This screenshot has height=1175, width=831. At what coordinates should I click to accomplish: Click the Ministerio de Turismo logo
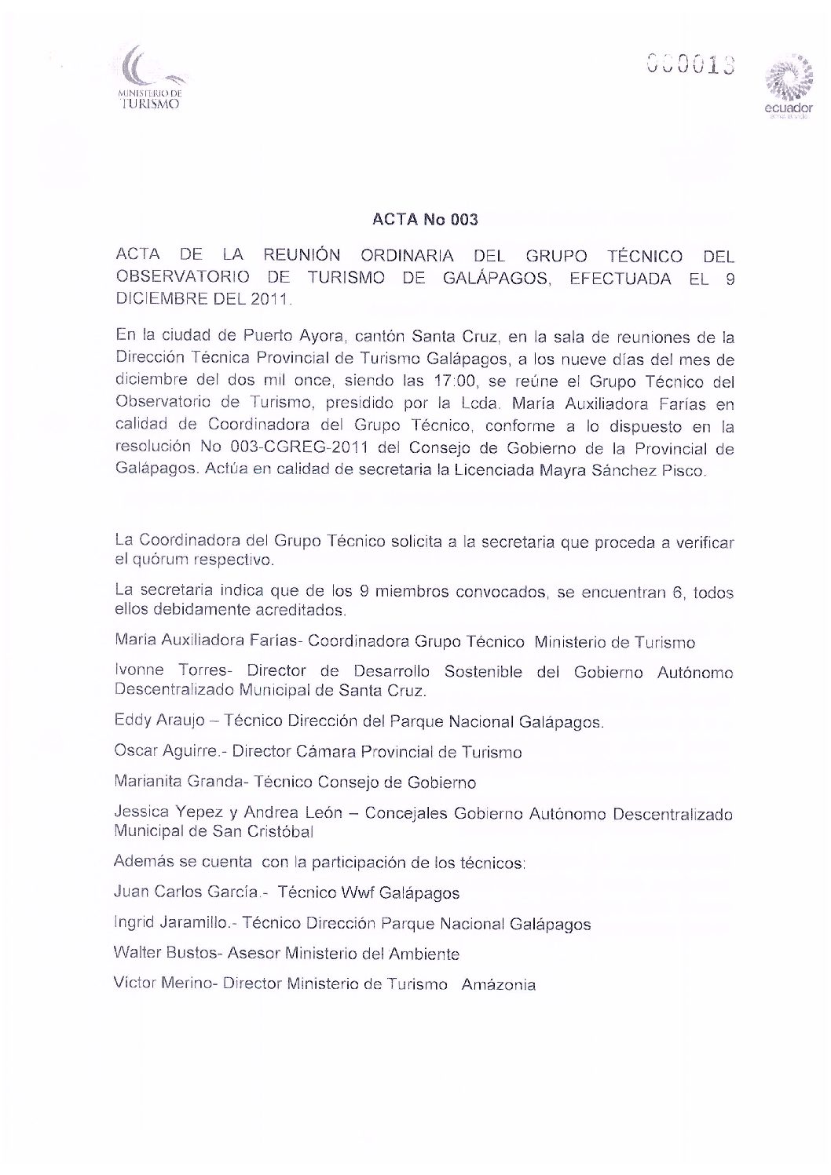pyautogui.click(x=149, y=79)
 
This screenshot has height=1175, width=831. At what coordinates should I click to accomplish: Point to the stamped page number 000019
pyautogui.click(x=690, y=64)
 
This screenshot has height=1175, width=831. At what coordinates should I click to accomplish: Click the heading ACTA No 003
pyautogui.click(x=425, y=221)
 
